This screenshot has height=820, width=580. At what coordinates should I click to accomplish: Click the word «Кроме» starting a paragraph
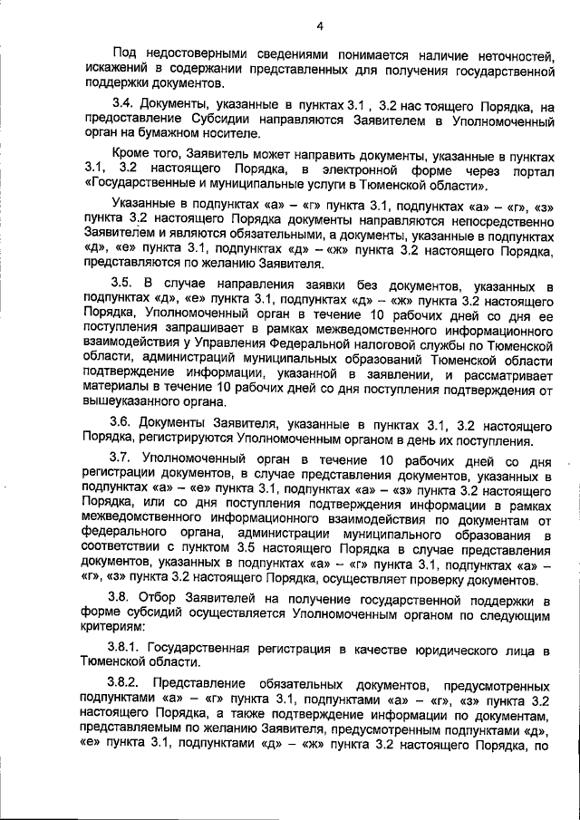coord(130,155)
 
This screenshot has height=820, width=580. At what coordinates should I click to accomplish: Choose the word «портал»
coord(530,170)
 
